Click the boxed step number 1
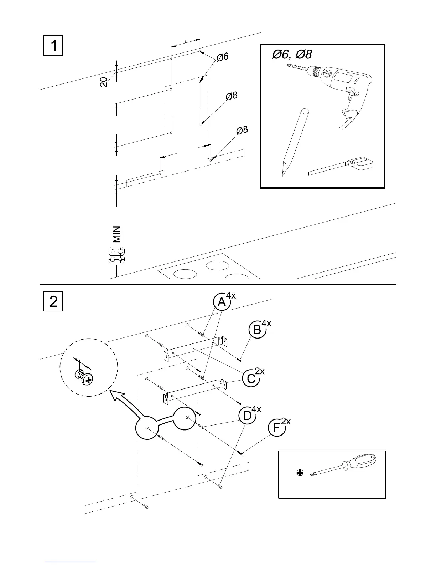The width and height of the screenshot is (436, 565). tap(53, 45)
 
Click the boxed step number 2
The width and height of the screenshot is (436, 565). tap(53, 302)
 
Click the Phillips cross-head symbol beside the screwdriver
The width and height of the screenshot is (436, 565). tap(300, 473)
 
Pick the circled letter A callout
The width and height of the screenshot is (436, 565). tap(222, 302)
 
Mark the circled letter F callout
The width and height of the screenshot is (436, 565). tap(276, 428)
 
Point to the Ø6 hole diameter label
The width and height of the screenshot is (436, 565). tap(222, 57)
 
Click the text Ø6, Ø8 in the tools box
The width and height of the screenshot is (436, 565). tap(292, 55)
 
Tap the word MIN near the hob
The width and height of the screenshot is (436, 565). tap(116, 234)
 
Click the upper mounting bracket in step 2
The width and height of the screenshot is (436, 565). tap(194, 348)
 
